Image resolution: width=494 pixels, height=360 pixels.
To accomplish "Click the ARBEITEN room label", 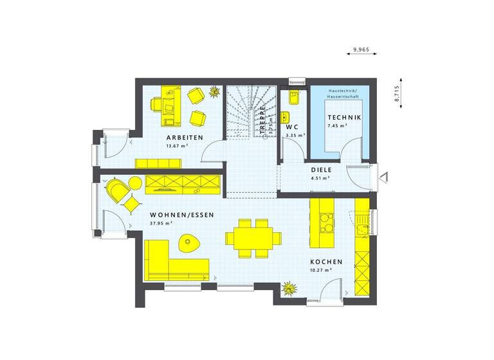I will [185, 138].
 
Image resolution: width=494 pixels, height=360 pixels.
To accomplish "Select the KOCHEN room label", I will [326, 262].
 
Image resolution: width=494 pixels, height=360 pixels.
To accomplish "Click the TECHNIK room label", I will [344, 118].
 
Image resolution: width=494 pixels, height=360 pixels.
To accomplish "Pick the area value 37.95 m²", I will [160, 224].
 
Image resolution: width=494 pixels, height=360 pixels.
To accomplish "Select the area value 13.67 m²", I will [177, 147].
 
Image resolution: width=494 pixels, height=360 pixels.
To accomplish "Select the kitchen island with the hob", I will [322, 225].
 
